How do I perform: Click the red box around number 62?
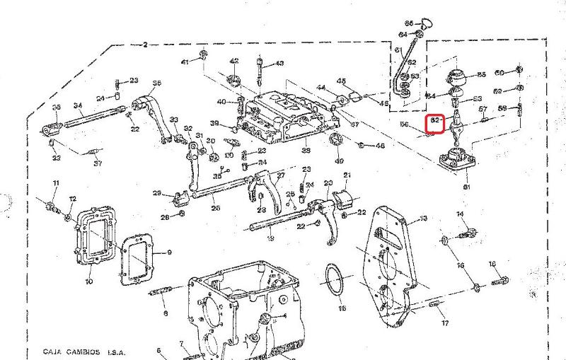point(436,123)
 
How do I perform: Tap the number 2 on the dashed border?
point(145,45)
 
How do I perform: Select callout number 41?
point(185,62)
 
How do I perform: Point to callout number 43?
point(279,63)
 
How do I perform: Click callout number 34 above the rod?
point(79,107)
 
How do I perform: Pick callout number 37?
point(98,163)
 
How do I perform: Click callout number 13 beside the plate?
point(423,219)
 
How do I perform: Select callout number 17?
point(445,323)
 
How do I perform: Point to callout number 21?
point(347,175)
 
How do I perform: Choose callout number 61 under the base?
point(466,187)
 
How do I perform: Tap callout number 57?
point(483,109)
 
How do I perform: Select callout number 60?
point(499,73)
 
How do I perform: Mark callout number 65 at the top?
point(409,23)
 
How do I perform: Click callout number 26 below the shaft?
point(215,208)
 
